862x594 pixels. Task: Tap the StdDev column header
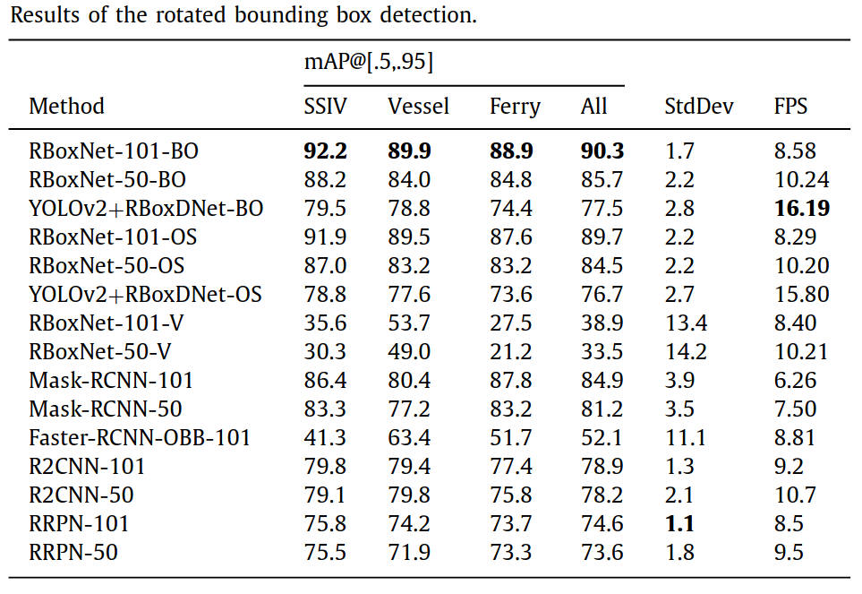click(x=698, y=107)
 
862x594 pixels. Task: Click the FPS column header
click(x=790, y=107)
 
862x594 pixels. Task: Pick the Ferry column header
click(x=515, y=107)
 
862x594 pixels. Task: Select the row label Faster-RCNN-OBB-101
click(x=140, y=438)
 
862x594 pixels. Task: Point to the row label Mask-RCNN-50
click(x=105, y=409)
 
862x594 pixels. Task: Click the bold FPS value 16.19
click(x=801, y=209)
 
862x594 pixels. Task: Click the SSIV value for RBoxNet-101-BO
click(x=325, y=151)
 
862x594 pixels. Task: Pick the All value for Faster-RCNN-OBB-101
click(x=602, y=438)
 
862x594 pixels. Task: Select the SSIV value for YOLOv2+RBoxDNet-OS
click(x=325, y=295)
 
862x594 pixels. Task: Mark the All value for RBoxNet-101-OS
click(x=602, y=237)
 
